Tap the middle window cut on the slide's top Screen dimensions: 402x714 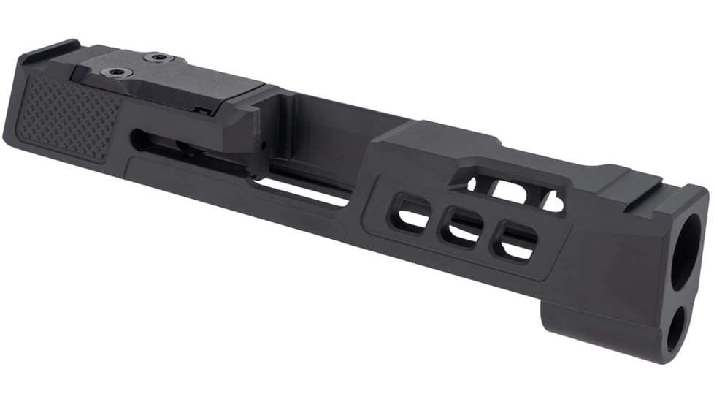pyautogui.click(x=511, y=191)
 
